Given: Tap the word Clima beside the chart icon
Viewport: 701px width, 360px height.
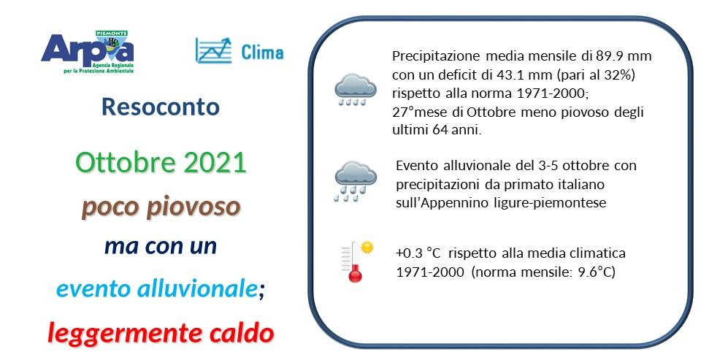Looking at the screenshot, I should click(261, 53).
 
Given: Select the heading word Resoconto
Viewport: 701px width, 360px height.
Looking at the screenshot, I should click(161, 107).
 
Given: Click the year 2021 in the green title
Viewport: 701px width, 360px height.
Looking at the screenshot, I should click(215, 163).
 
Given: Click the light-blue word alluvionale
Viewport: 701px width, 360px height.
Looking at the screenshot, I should click(198, 289).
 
